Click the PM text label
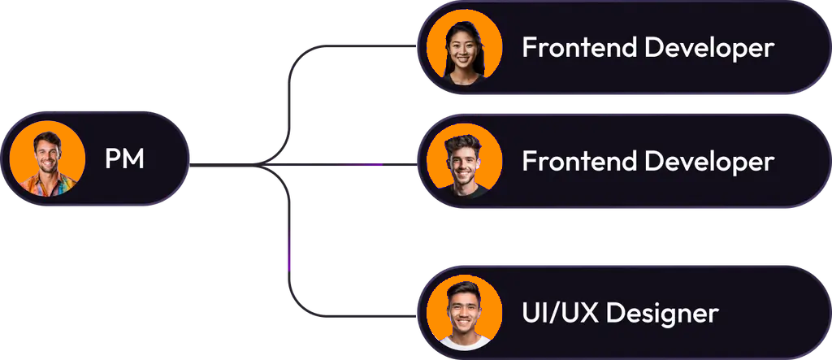click(x=124, y=159)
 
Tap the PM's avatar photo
click(x=47, y=158)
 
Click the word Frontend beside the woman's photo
click(x=579, y=47)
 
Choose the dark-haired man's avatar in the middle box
click(x=464, y=163)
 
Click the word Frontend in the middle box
click(x=579, y=161)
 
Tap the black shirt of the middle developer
click(x=466, y=193)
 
